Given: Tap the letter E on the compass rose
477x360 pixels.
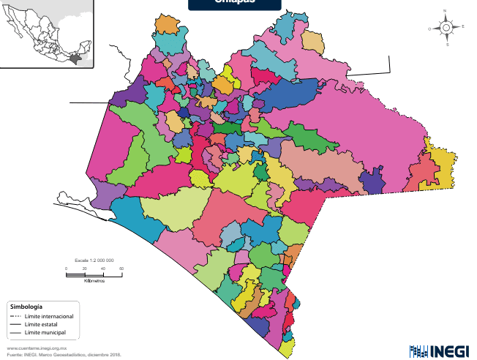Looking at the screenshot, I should coord(462,27).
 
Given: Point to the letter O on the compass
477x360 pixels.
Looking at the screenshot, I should coord(430,28).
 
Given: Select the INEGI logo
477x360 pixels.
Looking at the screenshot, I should coord(438,350).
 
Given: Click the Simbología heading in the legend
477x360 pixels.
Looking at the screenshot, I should coord(26,306).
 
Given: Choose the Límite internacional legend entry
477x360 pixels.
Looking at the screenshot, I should coord(48,316).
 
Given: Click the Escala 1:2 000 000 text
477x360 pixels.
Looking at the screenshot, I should coord(94,260).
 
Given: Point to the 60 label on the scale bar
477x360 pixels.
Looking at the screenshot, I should coord(121,269).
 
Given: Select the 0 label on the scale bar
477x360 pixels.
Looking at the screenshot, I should coord(66,269).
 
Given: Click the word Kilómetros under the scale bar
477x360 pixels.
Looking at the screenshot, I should coord(94,280).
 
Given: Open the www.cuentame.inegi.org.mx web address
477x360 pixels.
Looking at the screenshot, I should coord(37,348).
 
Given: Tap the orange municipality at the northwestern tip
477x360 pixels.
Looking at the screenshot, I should coord(168,24).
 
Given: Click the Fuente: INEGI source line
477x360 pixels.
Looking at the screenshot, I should coord(63,355).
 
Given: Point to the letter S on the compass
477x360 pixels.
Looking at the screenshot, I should coord(447,44).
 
